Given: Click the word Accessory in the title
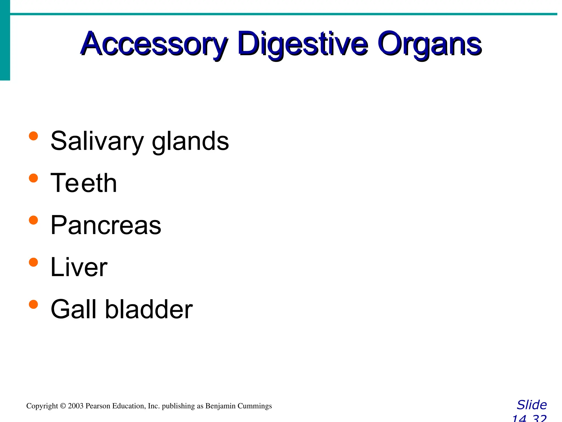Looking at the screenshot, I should (154, 44).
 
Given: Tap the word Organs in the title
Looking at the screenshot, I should (429, 44).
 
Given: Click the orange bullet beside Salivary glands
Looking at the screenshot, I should (33, 136).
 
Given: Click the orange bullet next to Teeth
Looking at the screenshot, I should (33, 178).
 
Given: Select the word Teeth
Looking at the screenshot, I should (84, 183).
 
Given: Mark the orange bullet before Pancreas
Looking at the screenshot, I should (33, 220).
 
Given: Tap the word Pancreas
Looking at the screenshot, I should (106, 225).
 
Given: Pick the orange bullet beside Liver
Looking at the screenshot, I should (33, 262).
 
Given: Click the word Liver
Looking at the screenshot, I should (79, 267).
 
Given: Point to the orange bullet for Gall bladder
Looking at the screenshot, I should (33, 304).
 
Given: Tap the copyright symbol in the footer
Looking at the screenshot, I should (63, 406).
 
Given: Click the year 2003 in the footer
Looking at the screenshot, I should (75, 406).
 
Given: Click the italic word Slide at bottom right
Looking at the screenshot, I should (532, 405).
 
